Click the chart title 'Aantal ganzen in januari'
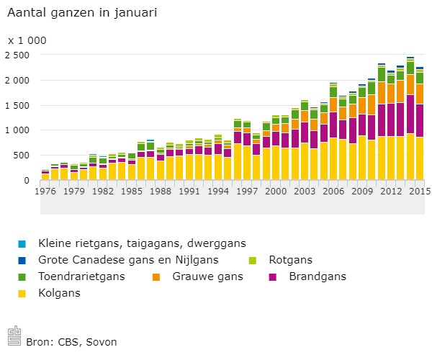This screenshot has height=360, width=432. [82, 13]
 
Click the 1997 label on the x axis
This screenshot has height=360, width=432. [247, 192]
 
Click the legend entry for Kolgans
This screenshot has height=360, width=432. [60, 292]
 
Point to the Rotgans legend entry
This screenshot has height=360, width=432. [297, 258]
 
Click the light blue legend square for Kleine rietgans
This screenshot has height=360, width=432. [22, 242]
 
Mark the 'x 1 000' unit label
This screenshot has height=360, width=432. [27, 40]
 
